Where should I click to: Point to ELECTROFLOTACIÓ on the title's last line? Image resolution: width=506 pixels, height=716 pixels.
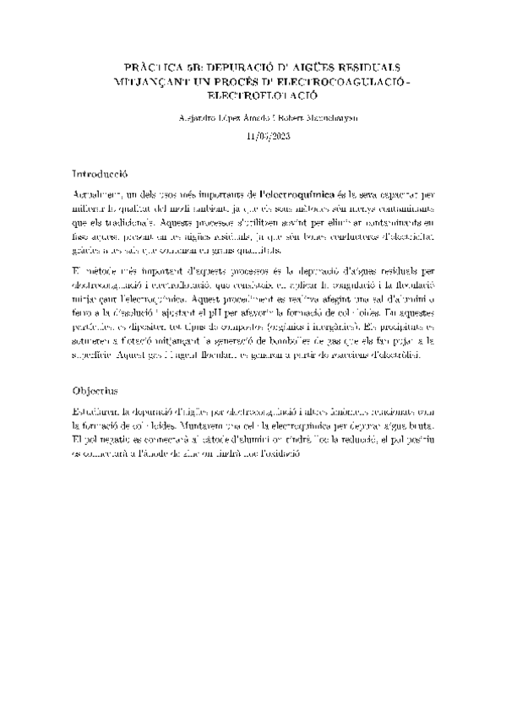coord(253,98)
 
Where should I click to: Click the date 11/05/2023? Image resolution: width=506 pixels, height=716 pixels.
coord(253,135)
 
